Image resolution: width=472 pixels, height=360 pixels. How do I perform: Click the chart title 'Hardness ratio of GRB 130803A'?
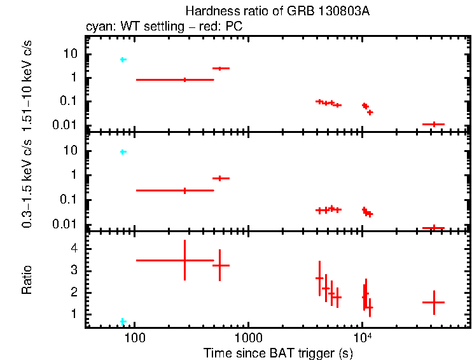277,11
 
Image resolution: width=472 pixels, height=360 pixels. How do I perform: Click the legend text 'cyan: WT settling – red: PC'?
164,27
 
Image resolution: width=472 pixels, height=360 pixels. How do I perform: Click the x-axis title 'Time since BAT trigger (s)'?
277,352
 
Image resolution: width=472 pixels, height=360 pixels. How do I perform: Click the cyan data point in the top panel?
123,60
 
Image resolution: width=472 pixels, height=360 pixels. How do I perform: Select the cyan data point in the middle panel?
123,152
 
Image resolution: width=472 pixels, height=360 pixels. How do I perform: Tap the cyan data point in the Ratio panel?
123,321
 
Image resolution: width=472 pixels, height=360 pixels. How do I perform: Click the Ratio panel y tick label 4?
74,249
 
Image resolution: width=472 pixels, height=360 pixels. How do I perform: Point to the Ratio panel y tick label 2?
74,293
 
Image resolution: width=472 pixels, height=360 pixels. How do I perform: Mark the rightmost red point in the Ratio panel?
434,303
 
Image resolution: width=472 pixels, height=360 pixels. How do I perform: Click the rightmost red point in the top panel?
434,124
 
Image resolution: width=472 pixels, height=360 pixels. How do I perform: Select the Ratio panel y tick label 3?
74,271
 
